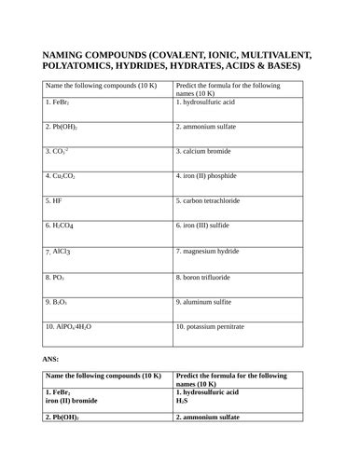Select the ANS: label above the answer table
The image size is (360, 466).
coord(51,358)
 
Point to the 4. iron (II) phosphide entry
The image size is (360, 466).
coord(215,175)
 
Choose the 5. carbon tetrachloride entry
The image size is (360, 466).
coord(219,200)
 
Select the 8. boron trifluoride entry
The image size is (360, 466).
coord(214,277)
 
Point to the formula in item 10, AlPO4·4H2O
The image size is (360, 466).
coord(75,328)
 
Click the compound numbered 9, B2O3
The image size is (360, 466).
coord(58,302)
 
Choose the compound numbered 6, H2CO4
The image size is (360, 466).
coord(62,226)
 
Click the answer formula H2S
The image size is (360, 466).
coord(182,402)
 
